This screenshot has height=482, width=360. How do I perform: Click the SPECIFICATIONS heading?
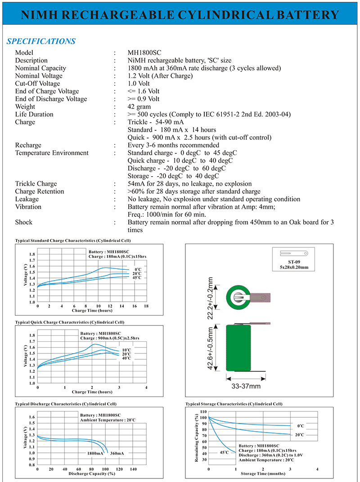[x=41, y=42]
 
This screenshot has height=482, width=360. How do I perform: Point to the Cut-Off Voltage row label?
[x=38, y=84]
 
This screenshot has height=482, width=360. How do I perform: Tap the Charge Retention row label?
[x=40, y=192]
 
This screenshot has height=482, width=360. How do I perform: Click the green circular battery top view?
[x=239, y=297]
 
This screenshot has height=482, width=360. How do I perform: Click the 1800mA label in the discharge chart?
[x=95, y=453]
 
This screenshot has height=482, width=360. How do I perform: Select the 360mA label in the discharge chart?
[x=117, y=453]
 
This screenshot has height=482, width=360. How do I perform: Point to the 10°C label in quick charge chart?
[x=127, y=349]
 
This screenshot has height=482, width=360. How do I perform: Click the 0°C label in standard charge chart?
[x=138, y=269]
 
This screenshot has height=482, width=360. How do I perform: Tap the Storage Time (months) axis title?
[x=262, y=474]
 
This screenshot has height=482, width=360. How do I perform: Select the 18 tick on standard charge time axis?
[x=146, y=306]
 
